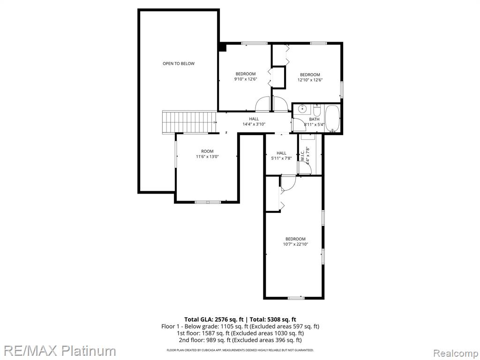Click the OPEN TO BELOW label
pyautogui.click(x=179, y=64)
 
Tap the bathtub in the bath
pyautogui.click(x=332, y=118)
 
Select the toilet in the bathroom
pyautogui.click(x=316, y=110)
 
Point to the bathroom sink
pyautogui.click(x=302, y=108)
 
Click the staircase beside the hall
pyautogui.click(x=189, y=122)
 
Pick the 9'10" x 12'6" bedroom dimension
pyautogui.click(x=246, y=79)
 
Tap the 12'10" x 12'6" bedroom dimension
pyautogui.click(x=310, y=80)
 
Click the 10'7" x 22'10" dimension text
pyautogui.click(x=295, y=244)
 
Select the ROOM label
pyautogui.click(x=207, y=151)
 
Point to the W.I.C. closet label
pyautogui.click(x=302, y=156)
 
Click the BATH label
pyautogui.click(x=314, y=119)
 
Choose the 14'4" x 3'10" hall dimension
pyautogui.click(x=254, y=124)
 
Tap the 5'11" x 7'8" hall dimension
pyautogui.click(x=281, y=158)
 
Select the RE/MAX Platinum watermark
pyautogui.click(x=58, y=351)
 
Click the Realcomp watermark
pyautogui.click(x=456, y=353)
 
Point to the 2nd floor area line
pyautogui.click(x=240, y=340)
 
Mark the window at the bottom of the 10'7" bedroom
pyautogui.click(x=296, y=298)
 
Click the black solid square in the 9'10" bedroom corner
pyautogui.click(x=222, y=47)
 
